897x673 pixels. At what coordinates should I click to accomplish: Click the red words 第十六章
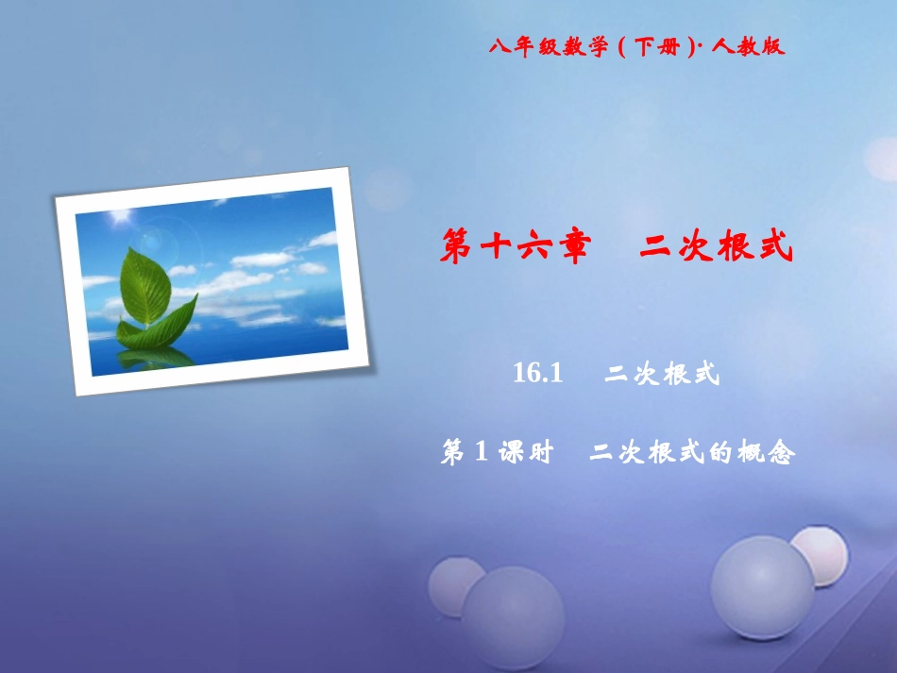click(x=516, y=246)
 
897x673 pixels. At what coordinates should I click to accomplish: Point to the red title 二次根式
click(x=715, y=246)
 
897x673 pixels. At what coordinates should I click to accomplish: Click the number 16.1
click(x=538, y=375)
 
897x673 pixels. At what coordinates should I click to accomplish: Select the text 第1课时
click(x=497, y=454)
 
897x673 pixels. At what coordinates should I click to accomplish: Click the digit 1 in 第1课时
click(x=480, y=454)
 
